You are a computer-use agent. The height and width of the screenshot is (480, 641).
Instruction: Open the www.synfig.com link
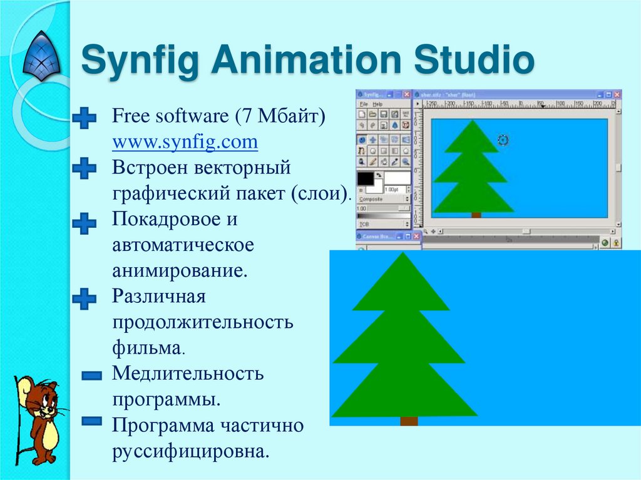(185, 142)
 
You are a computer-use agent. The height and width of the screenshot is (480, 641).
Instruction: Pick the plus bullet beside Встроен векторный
(84, 168)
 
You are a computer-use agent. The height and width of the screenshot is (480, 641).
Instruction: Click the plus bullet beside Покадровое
(84, 223)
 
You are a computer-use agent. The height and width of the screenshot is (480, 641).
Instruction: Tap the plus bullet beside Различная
(84, 299)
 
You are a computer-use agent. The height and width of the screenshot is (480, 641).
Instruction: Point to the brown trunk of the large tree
(408, 421)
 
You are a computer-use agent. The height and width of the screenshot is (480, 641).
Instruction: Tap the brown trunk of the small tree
(476, 215)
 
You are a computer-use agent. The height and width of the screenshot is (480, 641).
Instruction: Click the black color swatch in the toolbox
(365, 178)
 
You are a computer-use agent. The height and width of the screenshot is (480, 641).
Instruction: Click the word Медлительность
(188, 374)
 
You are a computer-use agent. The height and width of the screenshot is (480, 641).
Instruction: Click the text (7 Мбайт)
(279, 116)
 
